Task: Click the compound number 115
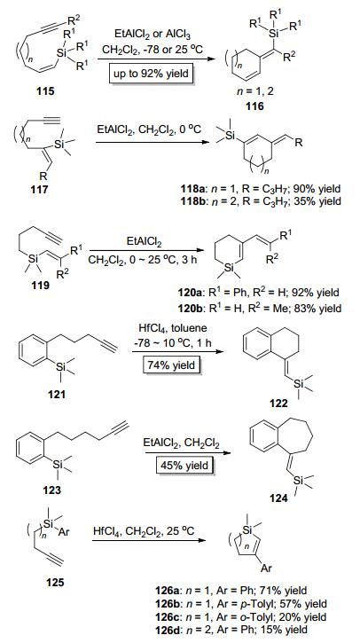click(x=45, y=90)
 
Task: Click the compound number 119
click(x=40, y=284)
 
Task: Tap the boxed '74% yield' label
click(x=171, y=365)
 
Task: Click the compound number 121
click(x=57, y=394)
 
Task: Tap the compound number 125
click(x=55, y=582)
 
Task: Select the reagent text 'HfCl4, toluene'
click(x=171, y=330)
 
